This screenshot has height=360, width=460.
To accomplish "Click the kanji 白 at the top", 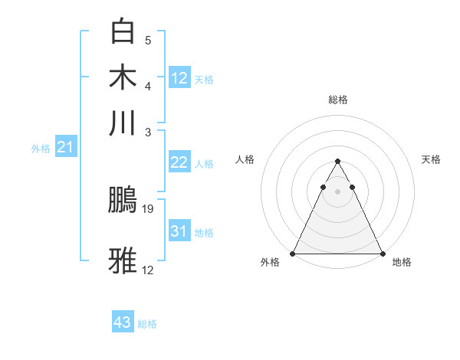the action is tap(124, 33).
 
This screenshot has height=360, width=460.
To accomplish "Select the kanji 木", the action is tap(124, 78).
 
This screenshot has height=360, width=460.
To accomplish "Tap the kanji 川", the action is tap(124, 123).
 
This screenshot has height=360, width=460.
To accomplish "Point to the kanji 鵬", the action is tap(124, 200).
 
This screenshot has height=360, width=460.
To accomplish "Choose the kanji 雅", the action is tap(124, 260).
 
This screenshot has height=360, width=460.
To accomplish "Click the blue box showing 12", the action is tap(179, 77).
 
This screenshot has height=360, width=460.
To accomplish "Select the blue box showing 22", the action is tap(179, 162).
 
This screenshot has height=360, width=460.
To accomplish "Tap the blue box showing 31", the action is tap(179, 231).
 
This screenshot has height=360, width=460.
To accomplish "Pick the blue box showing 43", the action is tap(123, 322).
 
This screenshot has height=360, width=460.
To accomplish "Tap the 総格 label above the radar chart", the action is tap(338, 100).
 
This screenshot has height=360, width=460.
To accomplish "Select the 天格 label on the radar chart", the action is tap(431, 159).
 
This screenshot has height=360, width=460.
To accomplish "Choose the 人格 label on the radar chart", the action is tap(245, 159).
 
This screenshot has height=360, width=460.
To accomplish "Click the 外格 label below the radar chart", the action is tap(270, 263).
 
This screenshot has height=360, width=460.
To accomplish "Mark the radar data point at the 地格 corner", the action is tap(382, 253).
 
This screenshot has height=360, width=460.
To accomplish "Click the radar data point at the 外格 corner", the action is tap(294, 253).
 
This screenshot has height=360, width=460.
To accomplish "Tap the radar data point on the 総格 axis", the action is tap(337, 162).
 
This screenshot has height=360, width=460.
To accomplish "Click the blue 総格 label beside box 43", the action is tap(147, 324).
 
